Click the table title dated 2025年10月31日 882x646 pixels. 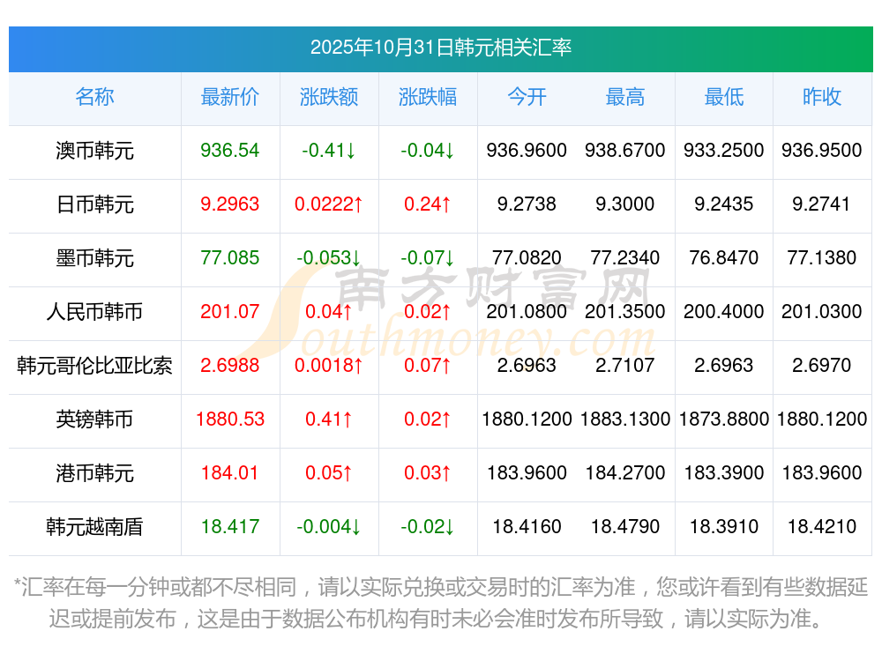(x=440, y=48)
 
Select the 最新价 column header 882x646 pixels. (x=230, y=97)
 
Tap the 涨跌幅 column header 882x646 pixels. (x=427, y=97)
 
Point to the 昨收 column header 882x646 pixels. (x=822, y=97)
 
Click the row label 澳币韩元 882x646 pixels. (x=94, y=151)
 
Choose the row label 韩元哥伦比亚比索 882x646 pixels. (x=94, y=366)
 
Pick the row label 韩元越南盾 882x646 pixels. (x=94, y=527)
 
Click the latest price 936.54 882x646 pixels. (x=230, y=151)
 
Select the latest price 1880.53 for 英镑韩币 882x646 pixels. (x=230, y=420)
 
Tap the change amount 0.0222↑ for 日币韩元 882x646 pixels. (x=329, y=204)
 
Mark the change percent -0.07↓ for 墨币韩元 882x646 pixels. (x=427, y=258)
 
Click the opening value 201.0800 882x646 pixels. (x=527, y=312)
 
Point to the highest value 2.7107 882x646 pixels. (x=624, y=366)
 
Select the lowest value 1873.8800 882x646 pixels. (x=723, y=420)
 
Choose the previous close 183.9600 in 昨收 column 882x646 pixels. (x=822, y=473)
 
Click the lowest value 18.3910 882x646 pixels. (x=723, y=527)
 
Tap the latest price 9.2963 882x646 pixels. (x=230, y=204)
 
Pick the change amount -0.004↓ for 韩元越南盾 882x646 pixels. (x=329, y=527)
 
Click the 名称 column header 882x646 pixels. (x=94, y=97)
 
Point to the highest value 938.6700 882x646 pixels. (x=624, y=151)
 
